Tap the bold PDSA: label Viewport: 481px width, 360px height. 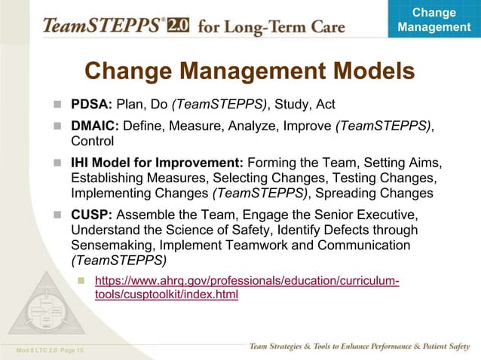click(x=91, y=104)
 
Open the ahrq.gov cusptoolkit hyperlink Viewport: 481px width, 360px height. click(x=246, y=288)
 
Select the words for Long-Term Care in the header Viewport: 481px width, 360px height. click(x=272, y=27)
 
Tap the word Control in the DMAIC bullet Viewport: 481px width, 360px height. click(x=92, y=141)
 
